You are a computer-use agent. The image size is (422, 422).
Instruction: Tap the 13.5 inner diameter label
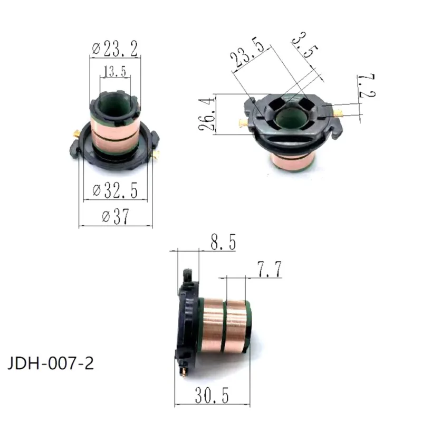114,72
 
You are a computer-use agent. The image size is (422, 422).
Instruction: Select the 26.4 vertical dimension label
206,114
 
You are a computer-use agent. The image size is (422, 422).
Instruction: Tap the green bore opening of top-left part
115,103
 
